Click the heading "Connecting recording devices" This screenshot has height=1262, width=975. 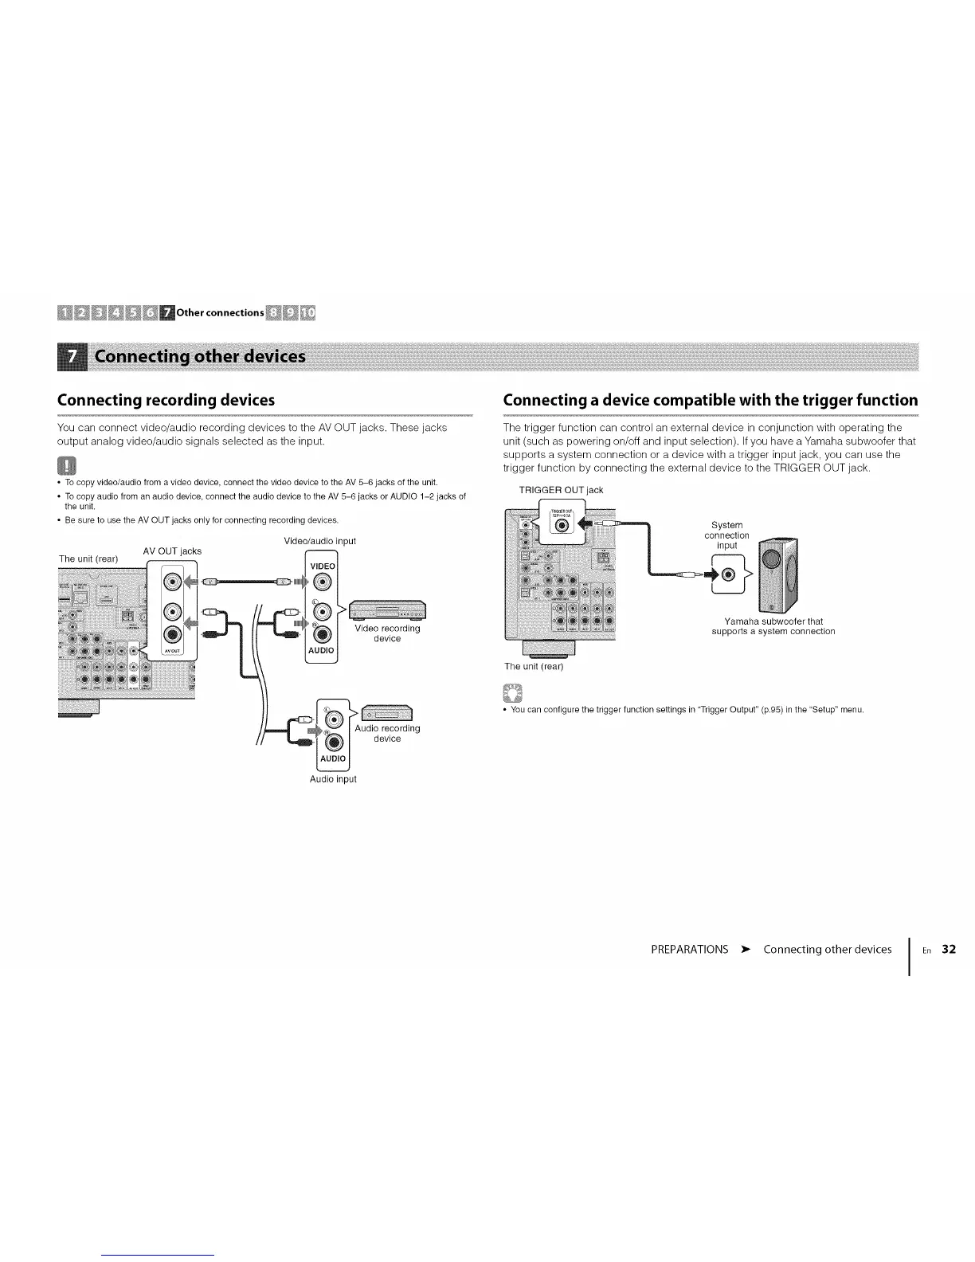166,399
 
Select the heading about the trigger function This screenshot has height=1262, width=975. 710,399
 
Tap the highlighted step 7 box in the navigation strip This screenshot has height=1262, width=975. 166,312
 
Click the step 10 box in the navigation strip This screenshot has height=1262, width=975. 307,312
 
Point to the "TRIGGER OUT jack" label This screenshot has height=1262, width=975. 561,490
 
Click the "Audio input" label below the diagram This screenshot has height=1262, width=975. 333,779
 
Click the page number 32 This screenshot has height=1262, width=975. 948,949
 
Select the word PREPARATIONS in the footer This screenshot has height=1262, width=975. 689,949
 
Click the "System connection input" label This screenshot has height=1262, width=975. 726,535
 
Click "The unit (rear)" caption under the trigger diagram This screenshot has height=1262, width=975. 534,666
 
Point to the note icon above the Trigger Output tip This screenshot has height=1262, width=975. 511,690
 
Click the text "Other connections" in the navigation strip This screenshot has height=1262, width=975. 220,312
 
